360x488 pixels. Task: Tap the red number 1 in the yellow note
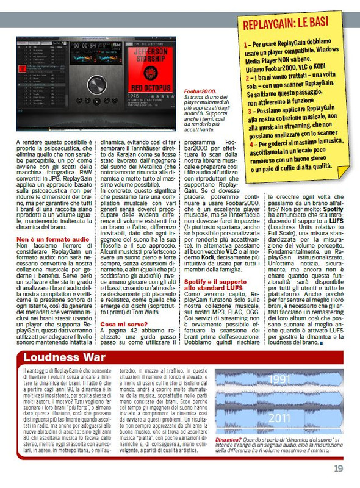pyautogui.click(x=245, y=45)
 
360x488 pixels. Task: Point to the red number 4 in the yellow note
pyautogui.click(x=250, y=143)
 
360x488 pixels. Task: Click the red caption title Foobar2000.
pyautogui.click(x=200, y=91)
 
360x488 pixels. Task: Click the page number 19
pyautogui.click(x=339, y=468)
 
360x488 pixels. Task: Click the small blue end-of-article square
pyautogui.click(x=321, y=343)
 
